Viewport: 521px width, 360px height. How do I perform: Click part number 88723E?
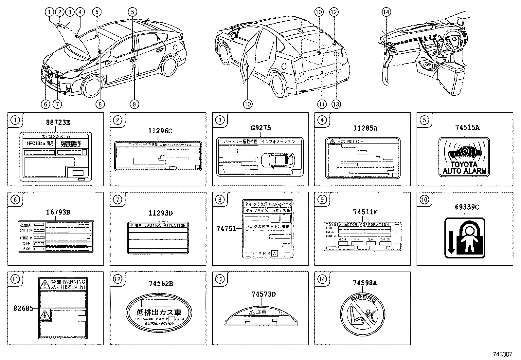point(58,123)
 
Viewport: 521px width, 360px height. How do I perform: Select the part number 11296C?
point(160,131)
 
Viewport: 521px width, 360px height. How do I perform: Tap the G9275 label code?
point(260,128)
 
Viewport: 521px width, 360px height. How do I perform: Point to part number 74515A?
point(467,128)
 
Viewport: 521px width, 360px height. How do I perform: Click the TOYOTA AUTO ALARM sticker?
point(464,158)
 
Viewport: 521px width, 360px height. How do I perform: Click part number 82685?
point(24,308)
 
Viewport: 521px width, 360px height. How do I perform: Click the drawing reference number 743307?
point(503,354)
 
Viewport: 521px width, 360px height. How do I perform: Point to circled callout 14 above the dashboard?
point(386,12)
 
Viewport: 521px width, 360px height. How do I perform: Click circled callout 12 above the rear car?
point(333,12)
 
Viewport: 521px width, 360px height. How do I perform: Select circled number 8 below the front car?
point(100,104)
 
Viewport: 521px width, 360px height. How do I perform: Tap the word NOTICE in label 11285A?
point(355,142)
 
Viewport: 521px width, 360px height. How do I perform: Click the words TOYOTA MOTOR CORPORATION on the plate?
point(357,225)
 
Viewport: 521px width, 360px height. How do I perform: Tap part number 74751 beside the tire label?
point(226,228)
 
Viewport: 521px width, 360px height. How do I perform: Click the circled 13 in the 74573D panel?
point(220,279)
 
